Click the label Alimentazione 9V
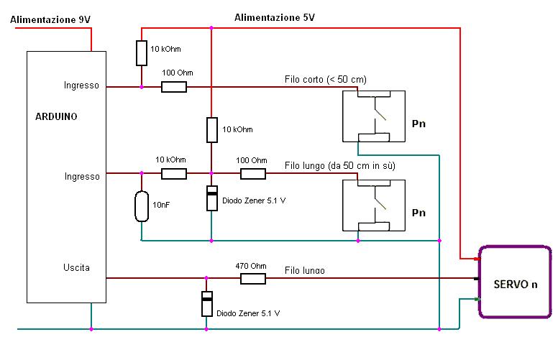point(50,19)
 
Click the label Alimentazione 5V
point(274,16)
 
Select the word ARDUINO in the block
point(57,115)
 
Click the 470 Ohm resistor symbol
point(252,277)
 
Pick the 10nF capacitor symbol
point(142,206)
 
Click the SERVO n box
point(515,283)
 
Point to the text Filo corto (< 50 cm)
point(321,78)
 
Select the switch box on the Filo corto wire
point(373,116)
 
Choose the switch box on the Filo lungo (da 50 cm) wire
point(373,206)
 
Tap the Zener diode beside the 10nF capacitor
point(211,198)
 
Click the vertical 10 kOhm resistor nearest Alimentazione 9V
point(142,52)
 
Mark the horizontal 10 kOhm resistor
point(174,173)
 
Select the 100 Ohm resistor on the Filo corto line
point(174,87)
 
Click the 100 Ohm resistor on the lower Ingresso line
point(252,173)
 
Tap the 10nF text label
point(162,205)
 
